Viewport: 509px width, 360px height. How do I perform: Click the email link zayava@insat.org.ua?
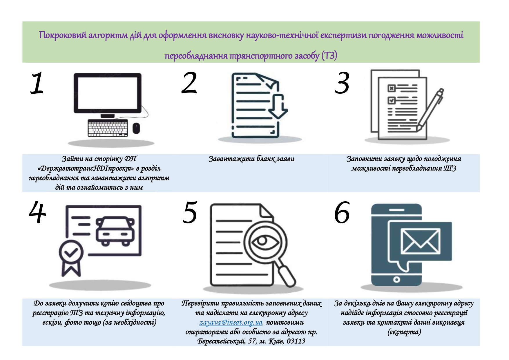tap(231, 322)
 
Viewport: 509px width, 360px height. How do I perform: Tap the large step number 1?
tap(37, 84)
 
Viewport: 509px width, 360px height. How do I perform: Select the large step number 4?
tap(38, 212)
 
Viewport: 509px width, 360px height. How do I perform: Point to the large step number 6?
tap(342, 213)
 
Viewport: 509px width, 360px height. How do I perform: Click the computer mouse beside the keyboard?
tap(136, 128)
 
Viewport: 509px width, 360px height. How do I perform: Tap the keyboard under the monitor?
tap(108, 128)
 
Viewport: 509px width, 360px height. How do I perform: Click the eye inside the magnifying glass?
tap(262, 241)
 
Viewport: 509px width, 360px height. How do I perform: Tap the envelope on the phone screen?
tap(420, 240)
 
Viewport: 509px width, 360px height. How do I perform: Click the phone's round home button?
tap(396, 280)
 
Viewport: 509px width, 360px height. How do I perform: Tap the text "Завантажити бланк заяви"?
tap(251, 159)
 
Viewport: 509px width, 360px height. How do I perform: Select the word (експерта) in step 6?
tap(404, 332)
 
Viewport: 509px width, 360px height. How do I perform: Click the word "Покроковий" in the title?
tap(63, 35)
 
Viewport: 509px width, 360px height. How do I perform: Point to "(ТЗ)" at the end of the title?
tap(329, 55)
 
